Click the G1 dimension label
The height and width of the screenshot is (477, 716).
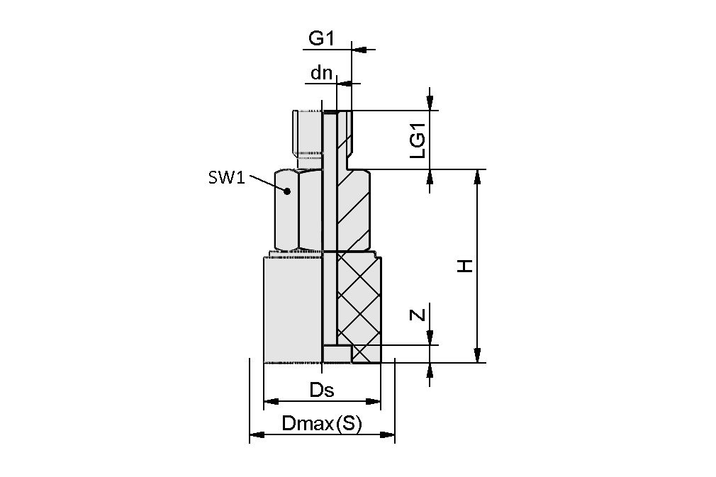(321, 38)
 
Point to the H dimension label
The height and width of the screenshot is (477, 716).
(464, 266)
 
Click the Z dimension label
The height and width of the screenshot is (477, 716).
(419, 313)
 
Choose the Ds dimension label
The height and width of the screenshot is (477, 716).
(321, 390)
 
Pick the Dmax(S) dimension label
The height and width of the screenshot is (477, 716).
(321, 424)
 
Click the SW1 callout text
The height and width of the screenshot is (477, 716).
(226, 178)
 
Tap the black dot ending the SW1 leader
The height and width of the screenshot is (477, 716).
(287, 191)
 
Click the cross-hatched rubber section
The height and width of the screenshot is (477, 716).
(359, 298)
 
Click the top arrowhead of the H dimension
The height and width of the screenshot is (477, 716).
(478, 176)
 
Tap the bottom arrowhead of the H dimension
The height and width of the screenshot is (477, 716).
(478, 356)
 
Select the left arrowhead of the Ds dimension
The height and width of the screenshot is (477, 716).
(269, 403)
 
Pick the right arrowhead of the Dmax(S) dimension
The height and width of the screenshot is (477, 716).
(388, 434)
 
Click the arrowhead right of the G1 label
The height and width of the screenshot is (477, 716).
(359, 50)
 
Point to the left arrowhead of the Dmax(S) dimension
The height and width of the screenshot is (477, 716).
(256, 434)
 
